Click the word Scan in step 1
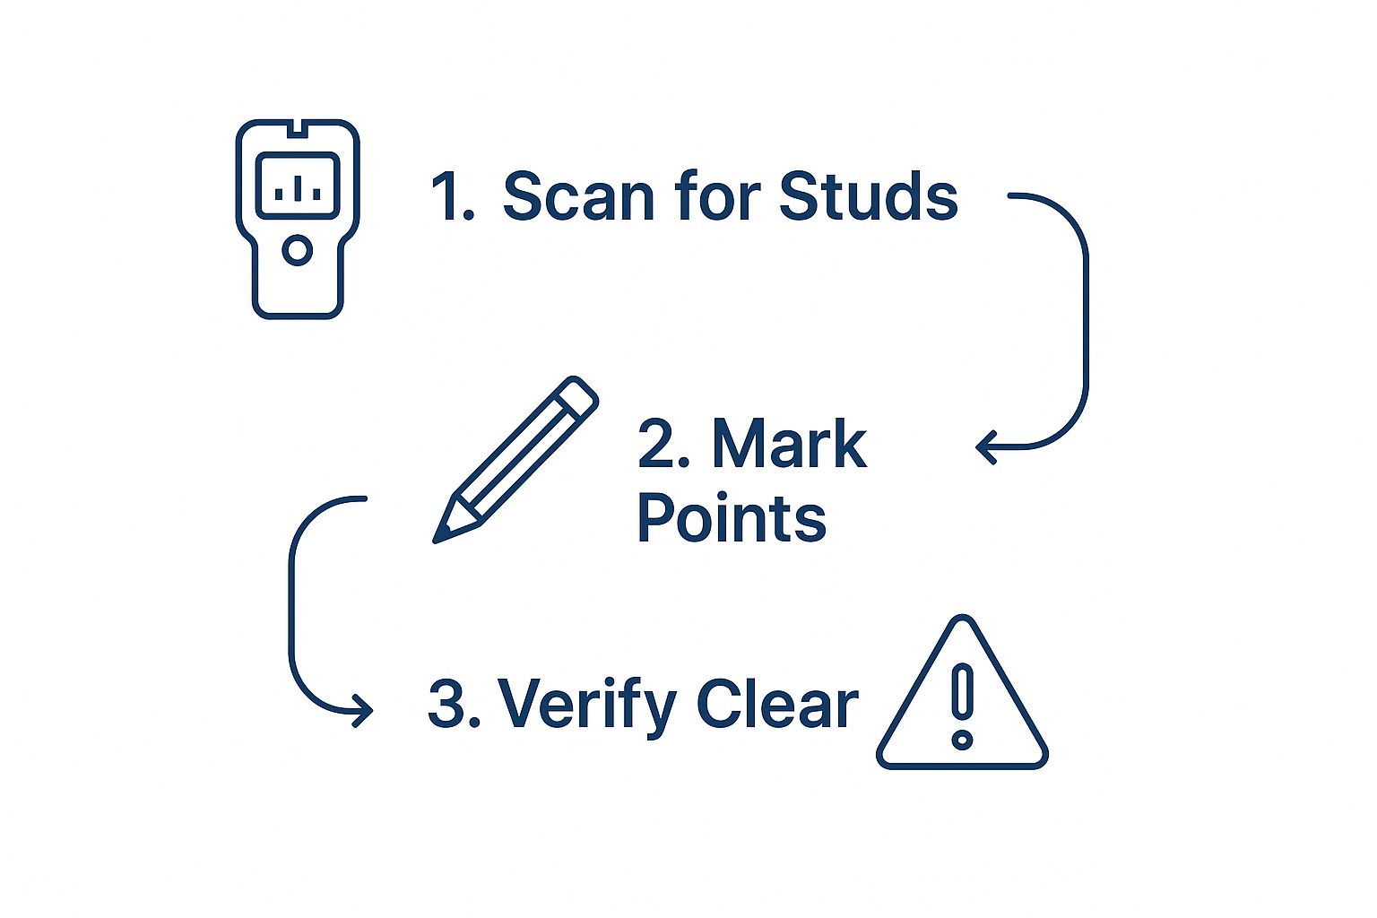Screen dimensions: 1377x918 pos(578,195)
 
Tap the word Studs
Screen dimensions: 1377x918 pos(869,195)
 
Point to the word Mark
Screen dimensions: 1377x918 pos(789,444)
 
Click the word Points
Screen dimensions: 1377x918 pos(732,517)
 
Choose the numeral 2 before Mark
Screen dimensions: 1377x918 pos(657,444)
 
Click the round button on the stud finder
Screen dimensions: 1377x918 pos(298,250)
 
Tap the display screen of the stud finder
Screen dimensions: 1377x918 pos(298,186)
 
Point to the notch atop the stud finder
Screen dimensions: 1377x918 pos(299,128)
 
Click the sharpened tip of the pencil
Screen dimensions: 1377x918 pos(436,541)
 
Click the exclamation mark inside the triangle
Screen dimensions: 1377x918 pos(962,707)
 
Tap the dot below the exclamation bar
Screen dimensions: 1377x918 pos(962,740)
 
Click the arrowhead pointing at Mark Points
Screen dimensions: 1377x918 pos(985,447)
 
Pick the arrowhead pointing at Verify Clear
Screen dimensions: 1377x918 pos(364,711)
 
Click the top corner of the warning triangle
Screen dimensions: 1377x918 pos(963,617)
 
